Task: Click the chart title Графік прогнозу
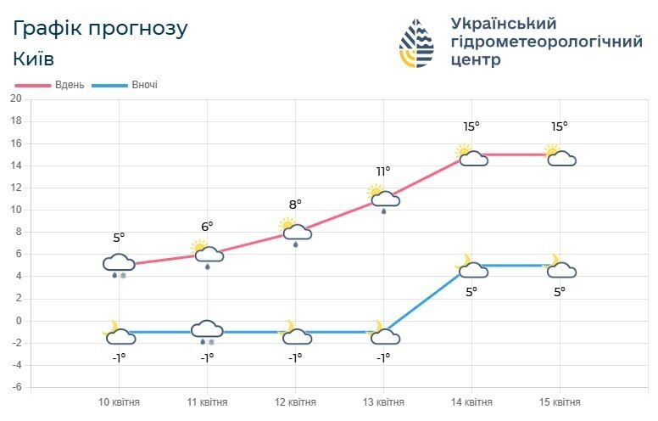(x=101, y=28)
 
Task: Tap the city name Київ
(x=34, y=59)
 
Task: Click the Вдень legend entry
(x=50, y=85)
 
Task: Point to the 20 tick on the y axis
(x=15, y=98)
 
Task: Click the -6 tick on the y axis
(x=15, y=387)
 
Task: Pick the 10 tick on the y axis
(x=15, y=210)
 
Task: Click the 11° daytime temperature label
(x=383, y=171)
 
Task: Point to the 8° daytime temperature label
(x=295, y=204)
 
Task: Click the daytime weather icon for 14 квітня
(x=471, y=155)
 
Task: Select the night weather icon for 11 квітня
(x=207, y=330)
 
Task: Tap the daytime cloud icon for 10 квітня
(x=119, y=264)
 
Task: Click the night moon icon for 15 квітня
(x=560, y=267)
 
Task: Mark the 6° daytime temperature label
(x=207, y=226)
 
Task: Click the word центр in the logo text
(x=477, y=60)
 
